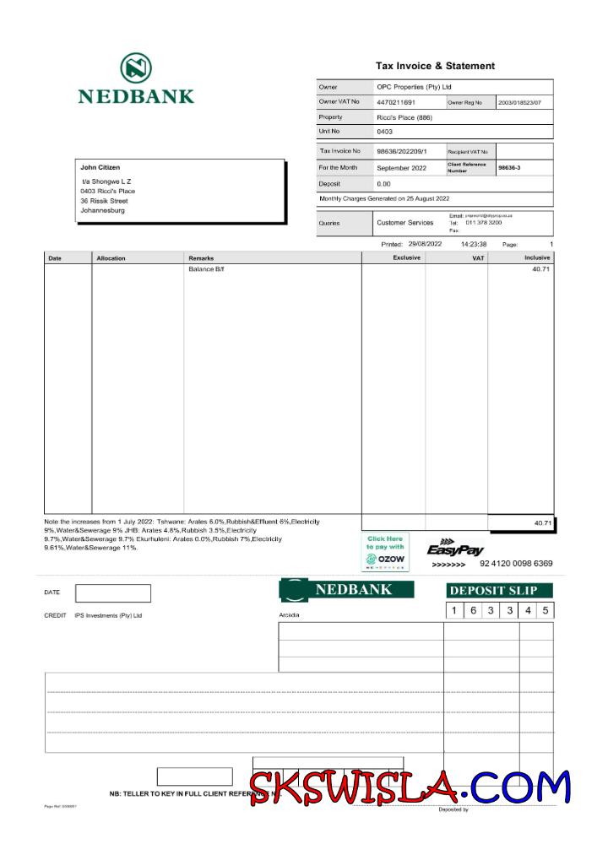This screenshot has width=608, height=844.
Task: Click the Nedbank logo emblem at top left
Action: [x=135, y=68]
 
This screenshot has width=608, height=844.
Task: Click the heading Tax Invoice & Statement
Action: [x=435, y=66]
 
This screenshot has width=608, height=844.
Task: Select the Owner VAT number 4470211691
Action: [x=396, y=102]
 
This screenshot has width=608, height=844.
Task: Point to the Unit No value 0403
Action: [x=384, y=132]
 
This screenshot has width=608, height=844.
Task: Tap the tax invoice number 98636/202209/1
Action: [x=402, y=151]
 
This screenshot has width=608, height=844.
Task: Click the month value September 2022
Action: [x=404, y=168]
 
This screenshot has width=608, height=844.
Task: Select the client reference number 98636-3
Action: [x=509, y=168]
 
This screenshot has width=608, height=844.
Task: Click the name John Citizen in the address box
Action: [x=100, y=167]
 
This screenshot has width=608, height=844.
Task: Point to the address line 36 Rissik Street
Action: [x=104, y=201]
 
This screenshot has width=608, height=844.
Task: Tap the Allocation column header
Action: [x=111, y=257]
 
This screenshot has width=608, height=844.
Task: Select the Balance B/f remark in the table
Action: [x=206, y=269]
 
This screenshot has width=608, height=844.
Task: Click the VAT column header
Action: [x=478, y=257]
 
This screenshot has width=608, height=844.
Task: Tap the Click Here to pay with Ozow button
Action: [x=385, y=552]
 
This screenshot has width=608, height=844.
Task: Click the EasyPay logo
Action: [x=455, y=549]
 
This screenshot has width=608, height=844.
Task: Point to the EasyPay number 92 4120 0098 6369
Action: [x=528, y=563]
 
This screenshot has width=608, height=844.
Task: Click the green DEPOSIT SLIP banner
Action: [x=499, y=590]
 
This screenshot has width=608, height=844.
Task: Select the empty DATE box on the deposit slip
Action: [x=112, y=593]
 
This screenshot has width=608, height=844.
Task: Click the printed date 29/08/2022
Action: [x=425, y=244]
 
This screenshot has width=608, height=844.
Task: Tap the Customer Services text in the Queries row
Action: [x=404, y=223]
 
